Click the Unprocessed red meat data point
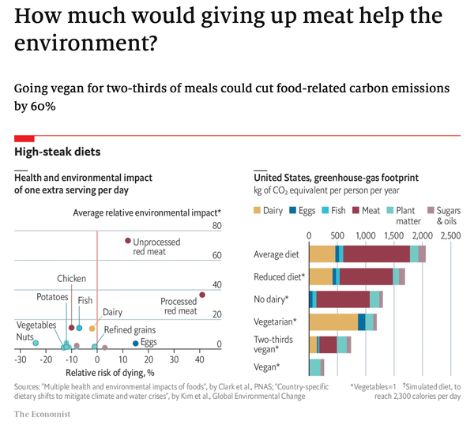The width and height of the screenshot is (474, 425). click(128, 241)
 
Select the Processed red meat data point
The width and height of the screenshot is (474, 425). click(202, 295)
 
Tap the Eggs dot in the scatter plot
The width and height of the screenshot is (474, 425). click(136, 343)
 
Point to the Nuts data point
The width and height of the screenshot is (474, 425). click(36, 343)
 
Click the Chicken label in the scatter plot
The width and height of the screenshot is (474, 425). click(71, 279)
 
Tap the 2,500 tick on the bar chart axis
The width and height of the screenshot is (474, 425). click(450, 235)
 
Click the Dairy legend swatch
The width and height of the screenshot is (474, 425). click(257, 211)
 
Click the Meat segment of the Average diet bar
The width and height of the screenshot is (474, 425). click(376, 254)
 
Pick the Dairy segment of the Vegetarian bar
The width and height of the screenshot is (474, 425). click(333, 322)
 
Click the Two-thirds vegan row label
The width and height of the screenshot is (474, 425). click(275, 344)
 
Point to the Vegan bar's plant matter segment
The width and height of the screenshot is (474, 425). click(314, 367)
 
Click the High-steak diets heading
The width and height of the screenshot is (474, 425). click(58, 151)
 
